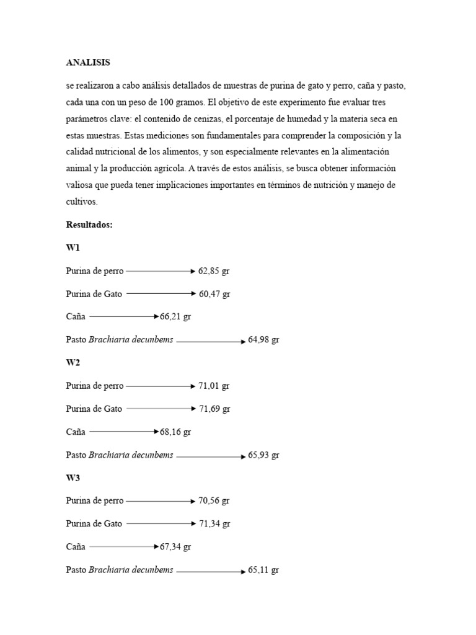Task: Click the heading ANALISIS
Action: coord(88,63)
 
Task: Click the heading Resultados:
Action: coord(89,225)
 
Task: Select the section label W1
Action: coord(73,248)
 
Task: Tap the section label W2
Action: coord(73,363)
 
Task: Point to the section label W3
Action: coord(73,478)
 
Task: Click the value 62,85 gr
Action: coord(214,271)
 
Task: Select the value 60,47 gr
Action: coord(214,294)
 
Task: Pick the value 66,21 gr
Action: coord(175,317)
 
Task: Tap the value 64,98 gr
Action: coord(263,340)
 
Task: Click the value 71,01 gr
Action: coord(214,386)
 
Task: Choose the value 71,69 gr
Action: coord(214,409)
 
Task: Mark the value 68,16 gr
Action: coord(175,432)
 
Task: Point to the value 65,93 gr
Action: coord(263,455)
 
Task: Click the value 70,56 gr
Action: coord(214,500)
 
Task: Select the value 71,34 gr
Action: coord(214,523)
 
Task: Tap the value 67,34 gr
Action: coord(175,546)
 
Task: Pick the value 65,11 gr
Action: coord(263,569)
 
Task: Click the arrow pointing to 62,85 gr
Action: coord(161,271)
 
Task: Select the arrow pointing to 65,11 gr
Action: coord(211,571)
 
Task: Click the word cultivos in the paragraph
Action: coord(82,202)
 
